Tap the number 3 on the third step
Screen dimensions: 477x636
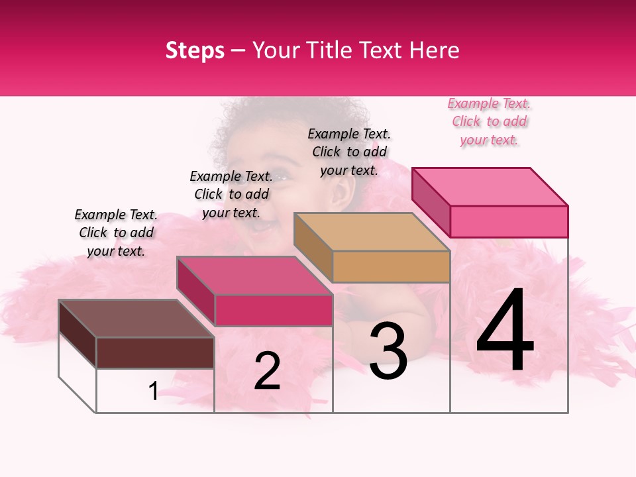pyautogui.click(x=388, y=350)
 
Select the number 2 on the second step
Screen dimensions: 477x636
pyautogui.click(x=267, y=371)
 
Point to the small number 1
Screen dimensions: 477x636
pyautogui.click(x=153, y=392)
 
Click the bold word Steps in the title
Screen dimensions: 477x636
pyautogui.click(x=195, y=50)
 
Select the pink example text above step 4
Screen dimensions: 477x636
pyautogui.click(x=489, y=122)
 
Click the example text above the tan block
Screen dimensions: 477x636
pyautogui.click(x=349, y=152)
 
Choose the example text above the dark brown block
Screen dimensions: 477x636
pyautogui.click(x=116, y=233)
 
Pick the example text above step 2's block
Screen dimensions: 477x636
pyautogui.click(x=231, y=195)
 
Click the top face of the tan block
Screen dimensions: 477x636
pyautogui.click(x=372, y=232)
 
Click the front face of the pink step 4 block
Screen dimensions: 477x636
pyautogui.click(x=509, y=221)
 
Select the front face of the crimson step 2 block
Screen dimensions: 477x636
pyautogui.click(x=274, y=311)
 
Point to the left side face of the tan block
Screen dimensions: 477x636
pyautogui.click(x=313, y=248)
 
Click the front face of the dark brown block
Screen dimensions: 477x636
pyautogui.click(x=155, y=352)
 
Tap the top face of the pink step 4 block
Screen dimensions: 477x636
pyautogui.click(x=490, y=186)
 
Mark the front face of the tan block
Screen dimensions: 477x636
pyautogui.click(x=391, y=266)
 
